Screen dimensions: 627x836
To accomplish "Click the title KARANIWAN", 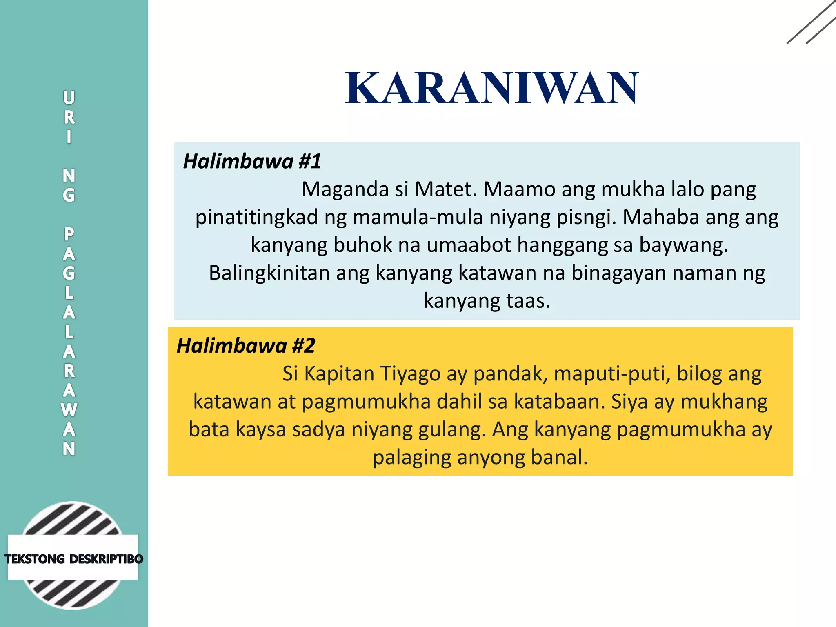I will point(492,88).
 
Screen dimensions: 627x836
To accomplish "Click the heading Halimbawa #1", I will point(252,161).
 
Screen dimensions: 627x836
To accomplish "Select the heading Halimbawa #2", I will point(246,346).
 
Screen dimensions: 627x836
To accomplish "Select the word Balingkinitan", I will point(269,273).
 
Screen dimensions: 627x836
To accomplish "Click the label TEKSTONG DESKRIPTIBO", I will point(73,559).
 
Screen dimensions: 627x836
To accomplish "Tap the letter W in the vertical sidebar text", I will point(69,409).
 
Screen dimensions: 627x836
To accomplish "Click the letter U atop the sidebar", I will point(69,98).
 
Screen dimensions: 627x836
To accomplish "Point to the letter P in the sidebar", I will point(69,234).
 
